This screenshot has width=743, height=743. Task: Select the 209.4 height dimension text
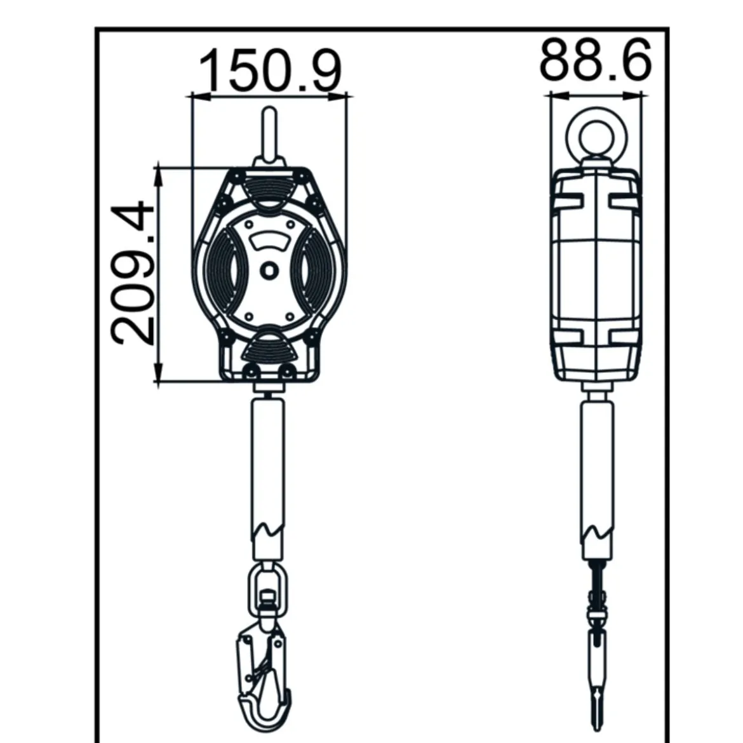click(x=133, y=274)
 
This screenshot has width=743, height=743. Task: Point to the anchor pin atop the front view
click(x=270, y=135)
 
